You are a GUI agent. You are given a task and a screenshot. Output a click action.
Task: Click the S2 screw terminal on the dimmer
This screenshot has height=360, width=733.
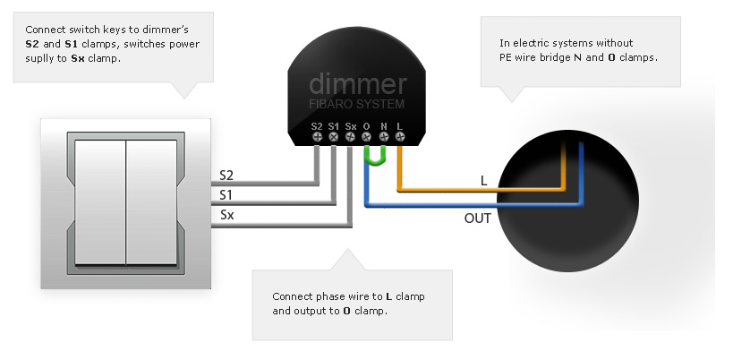point(317,136)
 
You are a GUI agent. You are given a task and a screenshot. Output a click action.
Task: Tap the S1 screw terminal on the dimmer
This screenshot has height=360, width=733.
point(333,136)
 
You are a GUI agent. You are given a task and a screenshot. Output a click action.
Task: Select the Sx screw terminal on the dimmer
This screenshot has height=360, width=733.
point(350,136)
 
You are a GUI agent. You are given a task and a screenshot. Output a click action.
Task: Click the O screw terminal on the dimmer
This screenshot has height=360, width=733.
point(367,136)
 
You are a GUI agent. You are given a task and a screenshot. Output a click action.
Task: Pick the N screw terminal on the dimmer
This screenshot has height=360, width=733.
point(383,136)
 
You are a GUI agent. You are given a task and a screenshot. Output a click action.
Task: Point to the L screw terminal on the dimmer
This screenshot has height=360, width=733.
point(400,136)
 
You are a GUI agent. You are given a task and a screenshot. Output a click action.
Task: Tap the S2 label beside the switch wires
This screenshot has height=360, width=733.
point(226,176)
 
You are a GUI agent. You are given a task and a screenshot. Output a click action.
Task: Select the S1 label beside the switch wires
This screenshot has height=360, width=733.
point(226,194)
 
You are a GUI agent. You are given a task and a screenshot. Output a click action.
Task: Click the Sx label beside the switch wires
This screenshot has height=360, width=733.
point(226,215)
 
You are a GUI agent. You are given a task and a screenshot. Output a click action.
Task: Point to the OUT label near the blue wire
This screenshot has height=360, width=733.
point(477,219)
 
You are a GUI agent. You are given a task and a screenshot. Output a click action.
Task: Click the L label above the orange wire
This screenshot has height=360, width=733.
point(484,181)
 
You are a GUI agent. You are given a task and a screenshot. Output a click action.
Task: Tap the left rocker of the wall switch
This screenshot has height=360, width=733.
point(100,202)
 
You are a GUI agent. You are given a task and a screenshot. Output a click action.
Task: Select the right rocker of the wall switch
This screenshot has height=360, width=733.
point(151,202)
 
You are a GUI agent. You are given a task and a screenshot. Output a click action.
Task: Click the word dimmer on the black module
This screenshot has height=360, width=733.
point(358,84)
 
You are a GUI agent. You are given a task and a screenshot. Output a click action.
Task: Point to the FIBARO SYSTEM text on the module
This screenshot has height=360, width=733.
point(357,104)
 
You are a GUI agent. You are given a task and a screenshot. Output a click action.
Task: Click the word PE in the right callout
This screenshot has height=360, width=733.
point(505,57)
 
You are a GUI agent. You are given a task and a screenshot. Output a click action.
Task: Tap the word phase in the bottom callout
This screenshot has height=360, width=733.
point(331,296)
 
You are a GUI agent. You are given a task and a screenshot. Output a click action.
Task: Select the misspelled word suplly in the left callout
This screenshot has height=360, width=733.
point(39,59)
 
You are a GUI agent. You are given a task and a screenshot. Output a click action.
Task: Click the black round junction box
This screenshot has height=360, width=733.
point(567,201)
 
